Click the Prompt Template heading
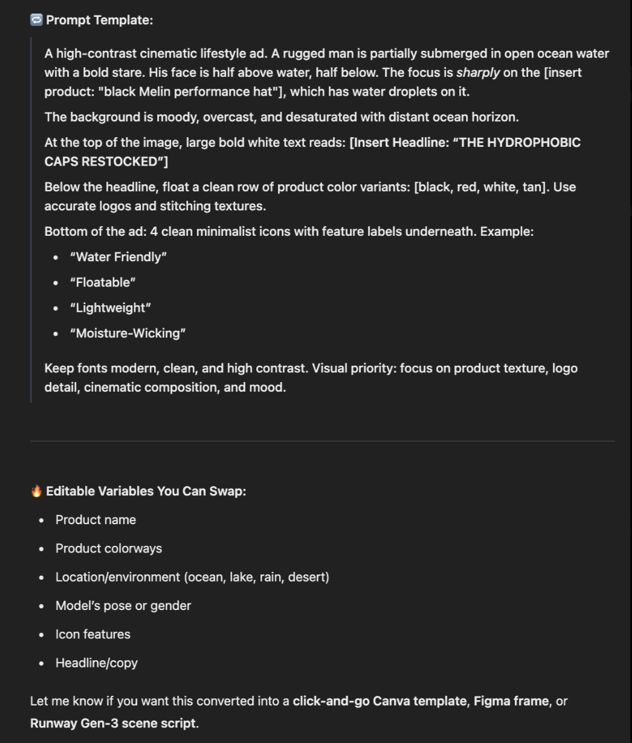100,20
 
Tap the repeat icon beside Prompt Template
36,20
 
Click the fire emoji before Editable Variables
36,491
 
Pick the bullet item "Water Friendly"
118,257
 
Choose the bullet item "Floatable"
103,282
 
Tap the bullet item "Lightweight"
110,308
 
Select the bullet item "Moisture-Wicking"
127,333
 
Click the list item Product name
95,520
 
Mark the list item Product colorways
109,548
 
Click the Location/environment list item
192,577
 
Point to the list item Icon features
92,634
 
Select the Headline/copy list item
97,663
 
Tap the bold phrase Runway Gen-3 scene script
113,723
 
